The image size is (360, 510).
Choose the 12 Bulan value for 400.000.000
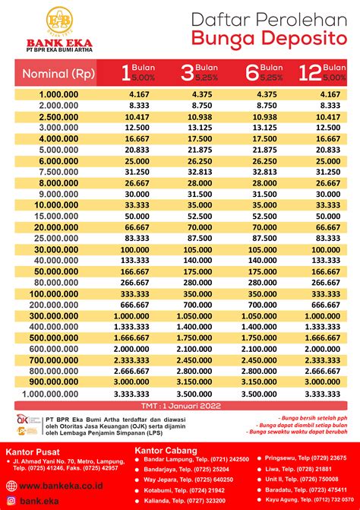point(323,326)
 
